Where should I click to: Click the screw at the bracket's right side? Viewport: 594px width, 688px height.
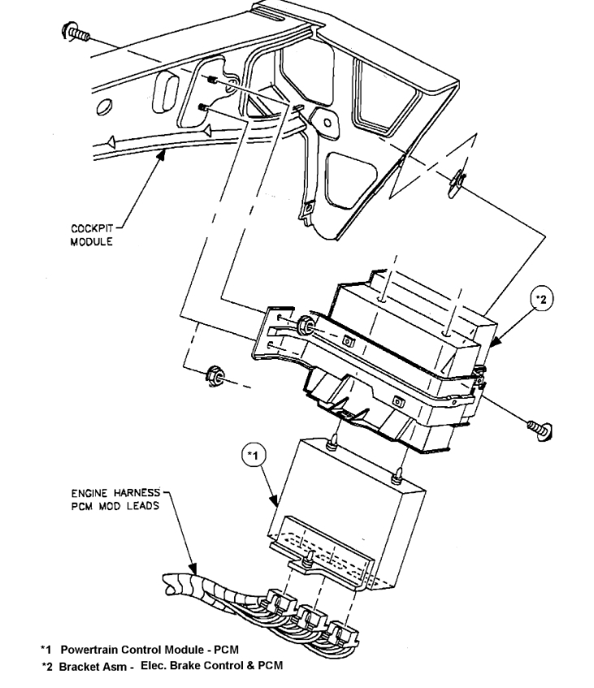tap(537, 426)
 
